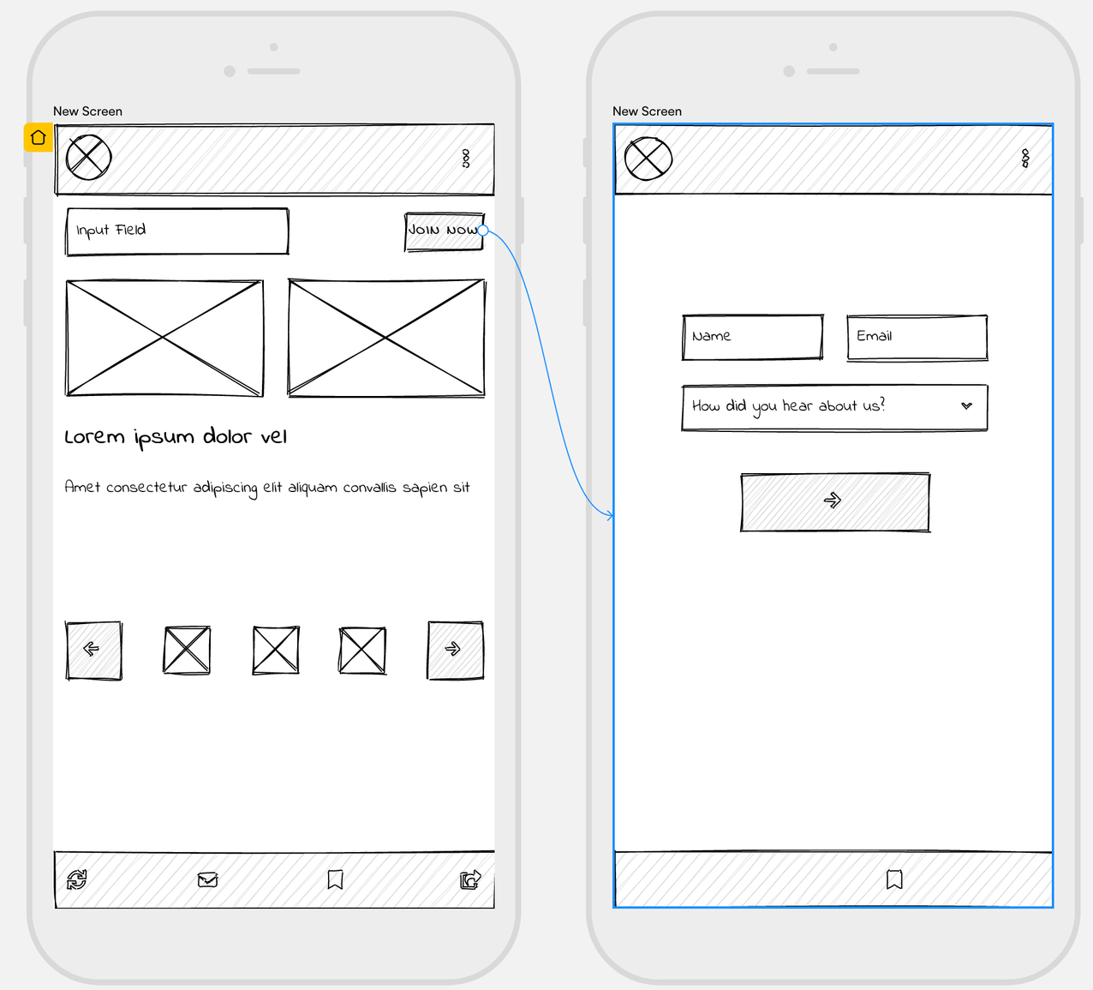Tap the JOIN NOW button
[443, 231]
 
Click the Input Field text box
[177, 231]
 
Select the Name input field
[752, 337]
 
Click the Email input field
[917, 337]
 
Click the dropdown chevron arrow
[966, 406]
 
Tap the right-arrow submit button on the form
[834, 501]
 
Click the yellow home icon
[38, 137]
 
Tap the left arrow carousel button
[93, 650]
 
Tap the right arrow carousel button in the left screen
[455, 650]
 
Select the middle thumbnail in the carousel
[276, 650]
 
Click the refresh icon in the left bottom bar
[77, 879]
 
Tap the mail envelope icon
[207, 879]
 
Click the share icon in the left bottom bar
[470, 879]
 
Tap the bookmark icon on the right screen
[894, 879]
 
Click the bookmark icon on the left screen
[336, 879]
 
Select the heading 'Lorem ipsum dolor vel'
[176, 437]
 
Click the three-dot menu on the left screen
[466, 159]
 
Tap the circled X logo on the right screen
[648, 159]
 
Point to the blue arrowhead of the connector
[610, 515]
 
